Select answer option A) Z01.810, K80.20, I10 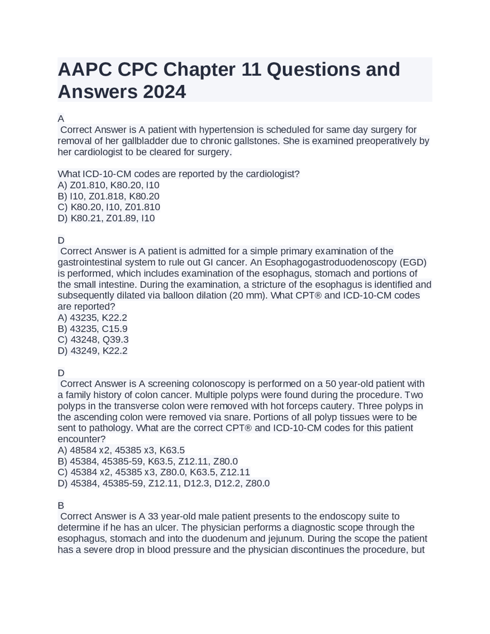(x=108, y=185)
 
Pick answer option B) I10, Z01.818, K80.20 (x=108, y=196)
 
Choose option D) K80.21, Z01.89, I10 (x=106, y=218)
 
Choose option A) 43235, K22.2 (x=92, y=318)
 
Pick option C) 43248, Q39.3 (x=93, y=340)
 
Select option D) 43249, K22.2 (x=92, y=351)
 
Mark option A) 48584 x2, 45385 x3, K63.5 (x=121, y=450)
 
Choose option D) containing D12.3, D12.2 (x=163, y=484)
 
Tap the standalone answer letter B (x=61, y=506)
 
